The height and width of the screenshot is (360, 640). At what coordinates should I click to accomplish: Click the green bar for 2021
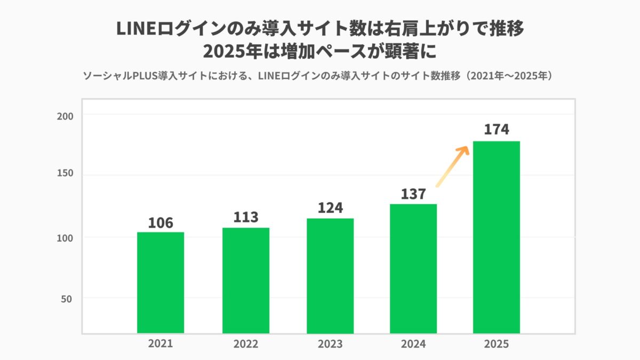(x=161, y=283)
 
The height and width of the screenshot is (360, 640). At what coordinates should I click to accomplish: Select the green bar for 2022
(x=246, y=281)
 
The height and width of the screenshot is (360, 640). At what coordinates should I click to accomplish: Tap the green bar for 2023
(x=330, y=276)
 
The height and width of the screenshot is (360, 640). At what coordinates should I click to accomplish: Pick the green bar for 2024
(x=413, y=269)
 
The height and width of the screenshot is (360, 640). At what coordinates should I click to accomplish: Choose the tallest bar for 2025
(x=497, y=237)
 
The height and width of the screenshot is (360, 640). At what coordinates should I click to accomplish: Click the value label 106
(x=161, y=222)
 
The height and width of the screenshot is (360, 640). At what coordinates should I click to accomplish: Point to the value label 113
(x=246, y=218)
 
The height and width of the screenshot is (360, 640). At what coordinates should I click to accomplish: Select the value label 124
(x=330, y=208)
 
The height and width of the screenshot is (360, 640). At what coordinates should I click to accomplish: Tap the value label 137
(x=413, y=194)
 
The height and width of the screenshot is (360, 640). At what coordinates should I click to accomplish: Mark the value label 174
(x=497, y=130)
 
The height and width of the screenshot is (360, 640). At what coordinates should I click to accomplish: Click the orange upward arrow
(x=452, y=166)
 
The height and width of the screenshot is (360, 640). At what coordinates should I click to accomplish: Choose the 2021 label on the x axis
(x=161, y=344)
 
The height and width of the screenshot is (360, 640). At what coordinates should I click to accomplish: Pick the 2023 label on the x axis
(x=330, y=344)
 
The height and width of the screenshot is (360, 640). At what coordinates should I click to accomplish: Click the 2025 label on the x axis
(x=497, y=344)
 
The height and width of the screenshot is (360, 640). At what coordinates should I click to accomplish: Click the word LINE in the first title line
(x=134, y=29)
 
